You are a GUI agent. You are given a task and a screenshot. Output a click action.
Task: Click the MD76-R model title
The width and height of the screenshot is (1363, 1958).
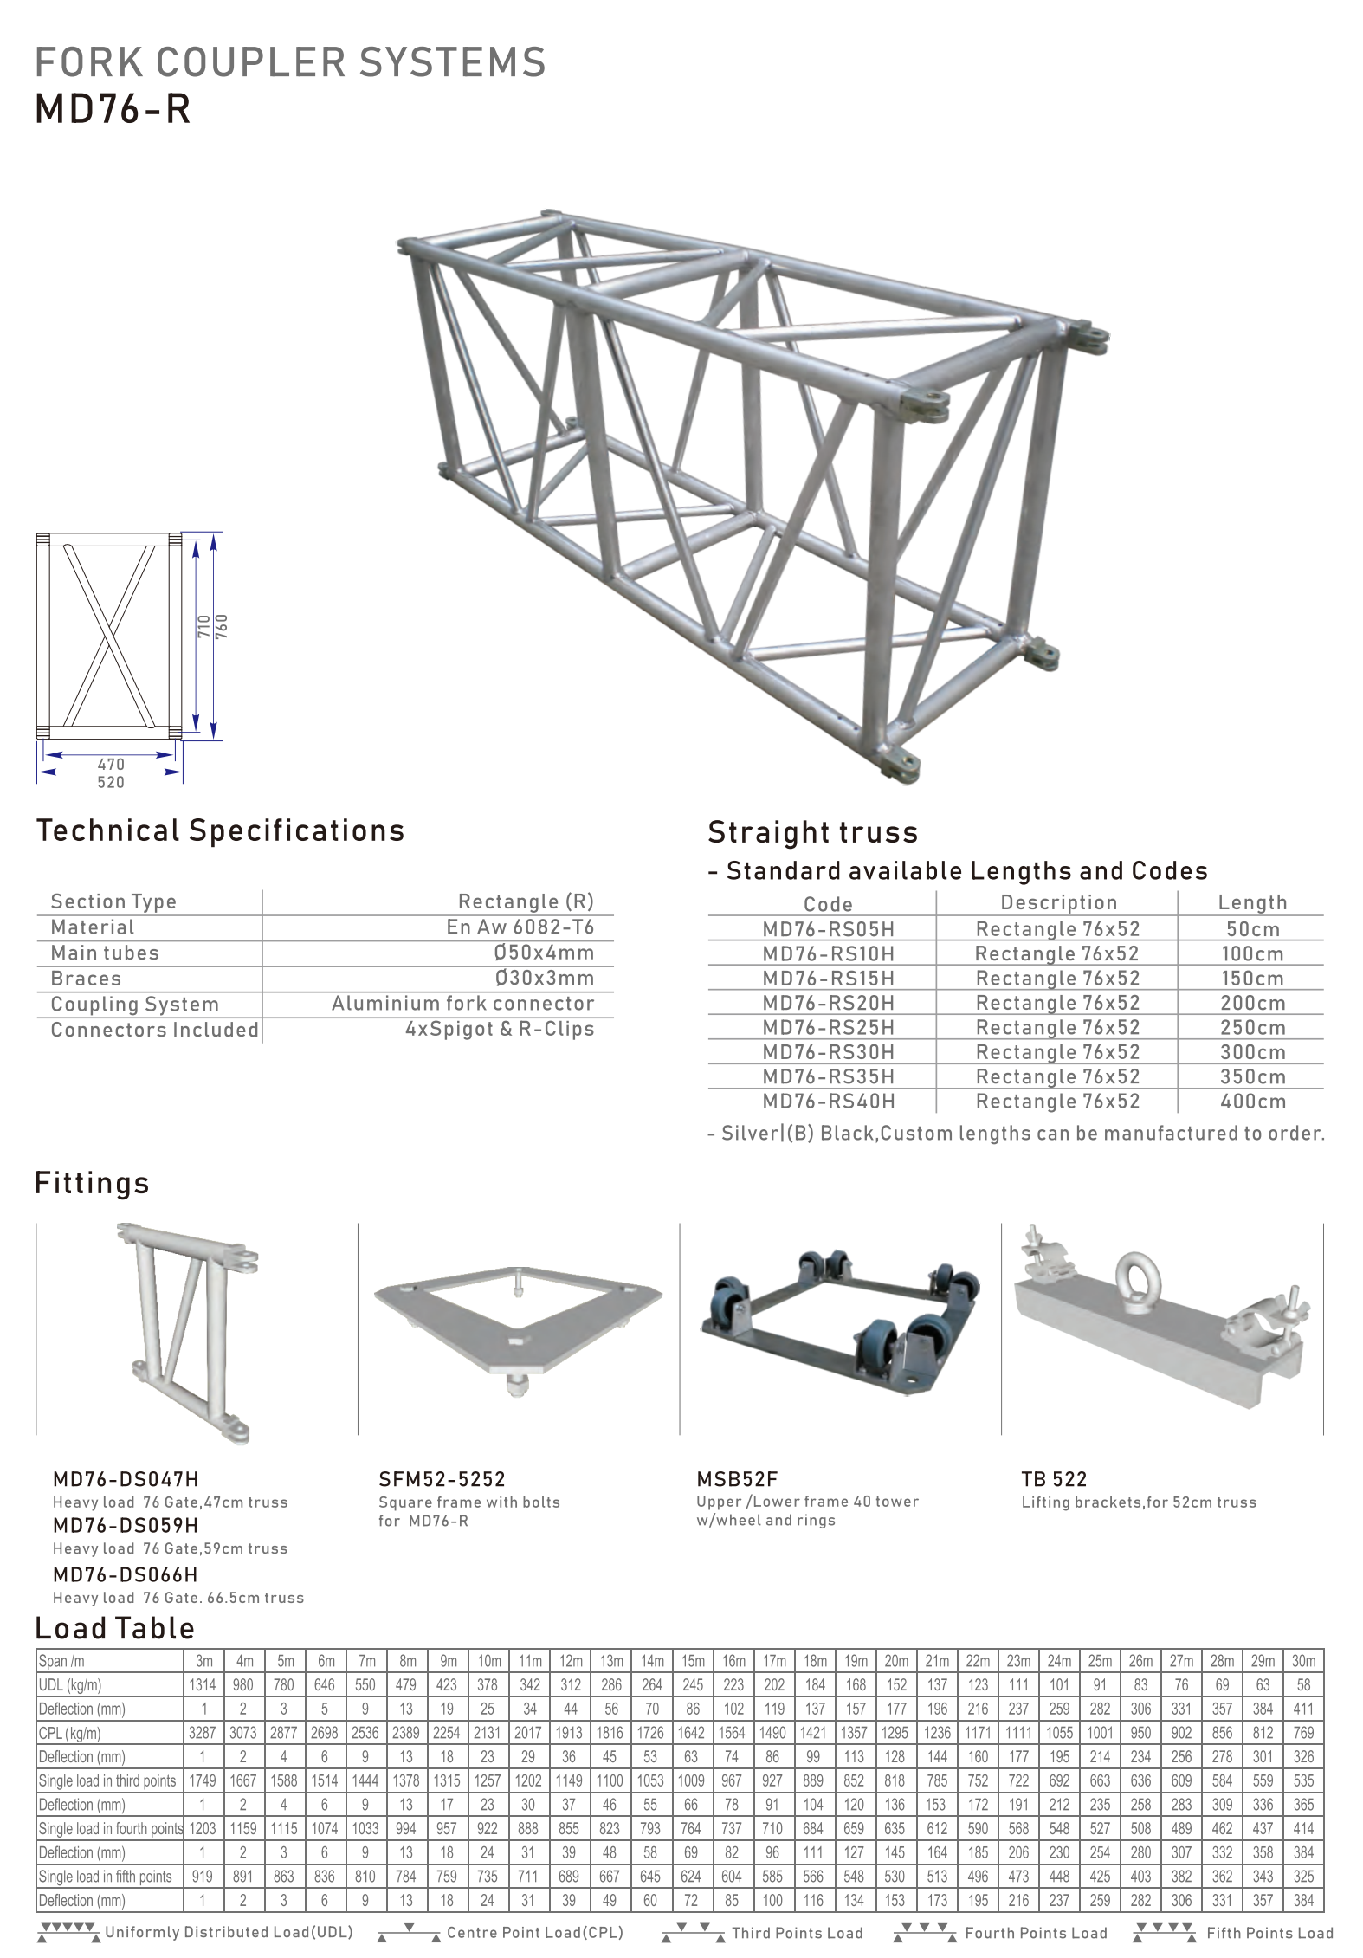point(113,110)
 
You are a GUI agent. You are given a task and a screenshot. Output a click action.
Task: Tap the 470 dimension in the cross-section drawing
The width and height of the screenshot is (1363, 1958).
point(111,764)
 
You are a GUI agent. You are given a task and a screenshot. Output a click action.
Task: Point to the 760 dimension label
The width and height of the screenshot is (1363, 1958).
point(222,626)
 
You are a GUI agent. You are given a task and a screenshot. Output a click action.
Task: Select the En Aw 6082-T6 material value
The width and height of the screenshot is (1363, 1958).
point(520,927)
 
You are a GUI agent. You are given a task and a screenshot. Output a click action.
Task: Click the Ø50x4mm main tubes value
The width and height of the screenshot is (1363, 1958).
point(544,953)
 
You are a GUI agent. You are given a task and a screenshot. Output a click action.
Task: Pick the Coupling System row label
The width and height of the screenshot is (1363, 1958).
point(134,1004)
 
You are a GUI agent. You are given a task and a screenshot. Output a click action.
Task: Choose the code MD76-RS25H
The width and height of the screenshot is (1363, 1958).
point(828,1027)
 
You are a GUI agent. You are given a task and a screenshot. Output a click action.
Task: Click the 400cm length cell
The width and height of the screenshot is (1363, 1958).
point(1252,1102)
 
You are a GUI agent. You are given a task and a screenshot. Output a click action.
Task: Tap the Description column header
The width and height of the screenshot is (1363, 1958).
point(1058,902)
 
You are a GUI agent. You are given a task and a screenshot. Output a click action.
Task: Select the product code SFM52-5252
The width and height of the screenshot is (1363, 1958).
point(442,1479)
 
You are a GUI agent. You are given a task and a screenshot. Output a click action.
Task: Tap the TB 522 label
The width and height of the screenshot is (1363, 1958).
point(1053,1479)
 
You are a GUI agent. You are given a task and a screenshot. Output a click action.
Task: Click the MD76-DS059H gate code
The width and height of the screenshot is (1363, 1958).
point(126,1525)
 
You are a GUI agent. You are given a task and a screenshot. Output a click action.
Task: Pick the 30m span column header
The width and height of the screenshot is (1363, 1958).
point(1303,1660)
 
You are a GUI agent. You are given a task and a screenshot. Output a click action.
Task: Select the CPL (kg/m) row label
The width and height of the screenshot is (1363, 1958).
point(70,1733)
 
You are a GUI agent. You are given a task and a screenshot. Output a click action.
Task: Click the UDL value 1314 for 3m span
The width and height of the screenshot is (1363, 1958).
point(203,1684)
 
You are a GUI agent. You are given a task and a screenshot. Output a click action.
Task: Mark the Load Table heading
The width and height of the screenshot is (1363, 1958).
point(114,1628)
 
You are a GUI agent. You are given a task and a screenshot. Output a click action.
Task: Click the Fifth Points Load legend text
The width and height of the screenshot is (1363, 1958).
point(1269,1933)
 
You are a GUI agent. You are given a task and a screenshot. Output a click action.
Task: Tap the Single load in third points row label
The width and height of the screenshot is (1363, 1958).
point(107,1780)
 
